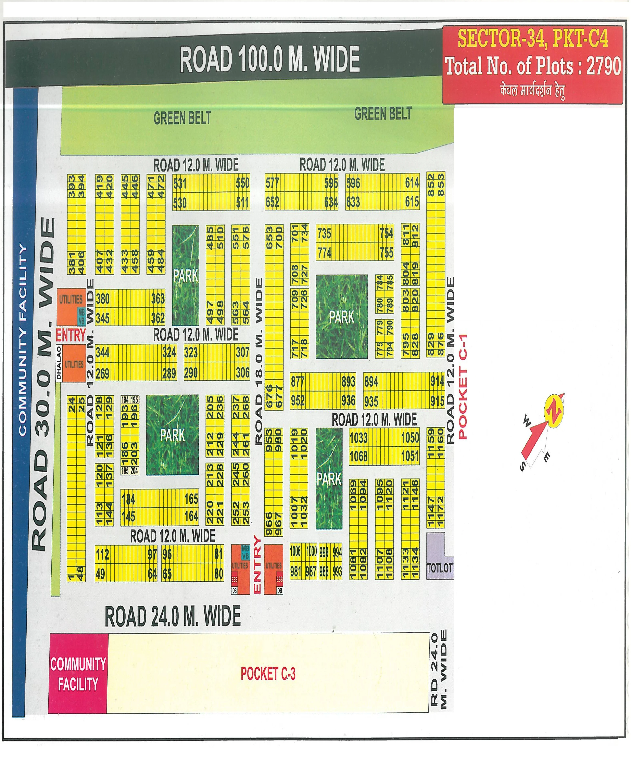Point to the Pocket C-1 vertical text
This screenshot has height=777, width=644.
click(463, 387)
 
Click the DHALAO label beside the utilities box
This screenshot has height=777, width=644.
click(59, 363)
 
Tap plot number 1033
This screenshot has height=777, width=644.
click(358, 438)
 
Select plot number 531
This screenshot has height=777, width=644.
click(180, 183)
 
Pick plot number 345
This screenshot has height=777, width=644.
click(102, 318)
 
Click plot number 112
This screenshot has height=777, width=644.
click(102, 554)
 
